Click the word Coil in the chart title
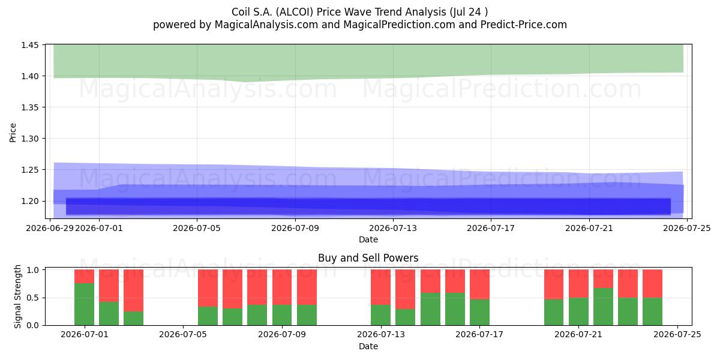(x=241, y=12)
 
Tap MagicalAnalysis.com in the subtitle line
(x=266, y=25)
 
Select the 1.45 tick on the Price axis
(x=29, y=45)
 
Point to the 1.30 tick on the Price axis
(x=29, y=139)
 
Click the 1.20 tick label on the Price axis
(x=29, y=201)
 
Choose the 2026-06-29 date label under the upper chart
(x=50, y=228)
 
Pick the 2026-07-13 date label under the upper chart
(x=393, y=228)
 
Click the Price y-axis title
(x=13, y=133)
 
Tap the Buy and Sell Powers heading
(x=368, y=258)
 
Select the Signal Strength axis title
(x=17, y=296)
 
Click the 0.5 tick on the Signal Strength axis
(x=32, y=298)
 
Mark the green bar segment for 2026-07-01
(x=84, y=304)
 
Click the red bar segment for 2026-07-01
(x=84, y=277)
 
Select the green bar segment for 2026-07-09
(x=282, y=315)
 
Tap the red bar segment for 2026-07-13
(x=380, y=287)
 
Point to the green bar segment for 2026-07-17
(x=479, y=312)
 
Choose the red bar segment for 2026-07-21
(x=578, y=284)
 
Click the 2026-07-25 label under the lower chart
(x=677, y=335)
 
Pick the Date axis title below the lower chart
(x=368, y=346)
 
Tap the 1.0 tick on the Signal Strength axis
(x=32, y=269)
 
